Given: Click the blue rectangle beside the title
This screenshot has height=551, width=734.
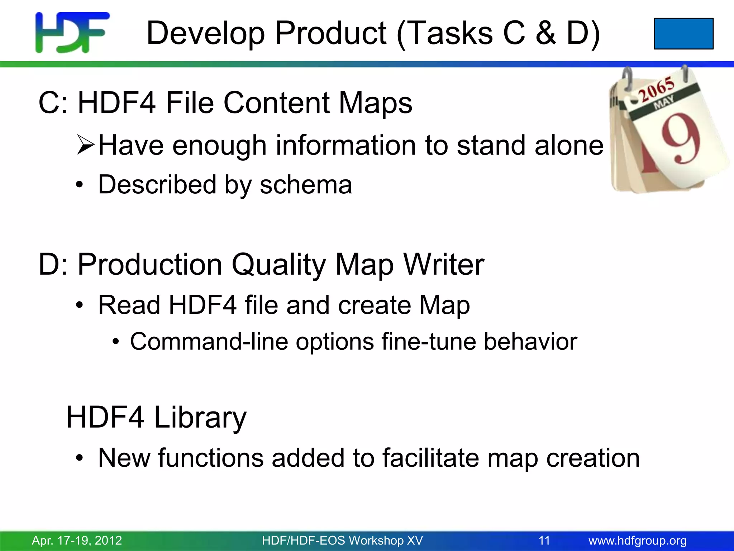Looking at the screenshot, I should tap(683, 33).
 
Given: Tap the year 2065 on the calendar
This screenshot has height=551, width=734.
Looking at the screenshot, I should tap(657, 89).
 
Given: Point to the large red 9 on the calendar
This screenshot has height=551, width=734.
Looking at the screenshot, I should tap(680, 139).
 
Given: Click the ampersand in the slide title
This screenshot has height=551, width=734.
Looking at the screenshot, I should tap(546, 33).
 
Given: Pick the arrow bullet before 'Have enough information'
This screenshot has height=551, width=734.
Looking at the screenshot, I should tap(85, 145).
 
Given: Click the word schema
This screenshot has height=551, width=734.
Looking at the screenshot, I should tap(306, 185).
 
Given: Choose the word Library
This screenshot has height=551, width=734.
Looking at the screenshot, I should tap(200, 418).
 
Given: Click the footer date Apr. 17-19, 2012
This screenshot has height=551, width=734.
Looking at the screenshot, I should tap(77, 540).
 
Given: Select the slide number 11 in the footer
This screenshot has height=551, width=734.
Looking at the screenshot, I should tap(544, 540).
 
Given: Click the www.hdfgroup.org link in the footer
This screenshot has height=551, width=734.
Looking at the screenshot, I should tap(638, 540).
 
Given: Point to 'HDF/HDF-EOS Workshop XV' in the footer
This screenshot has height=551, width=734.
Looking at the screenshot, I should tap(342, 540).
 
